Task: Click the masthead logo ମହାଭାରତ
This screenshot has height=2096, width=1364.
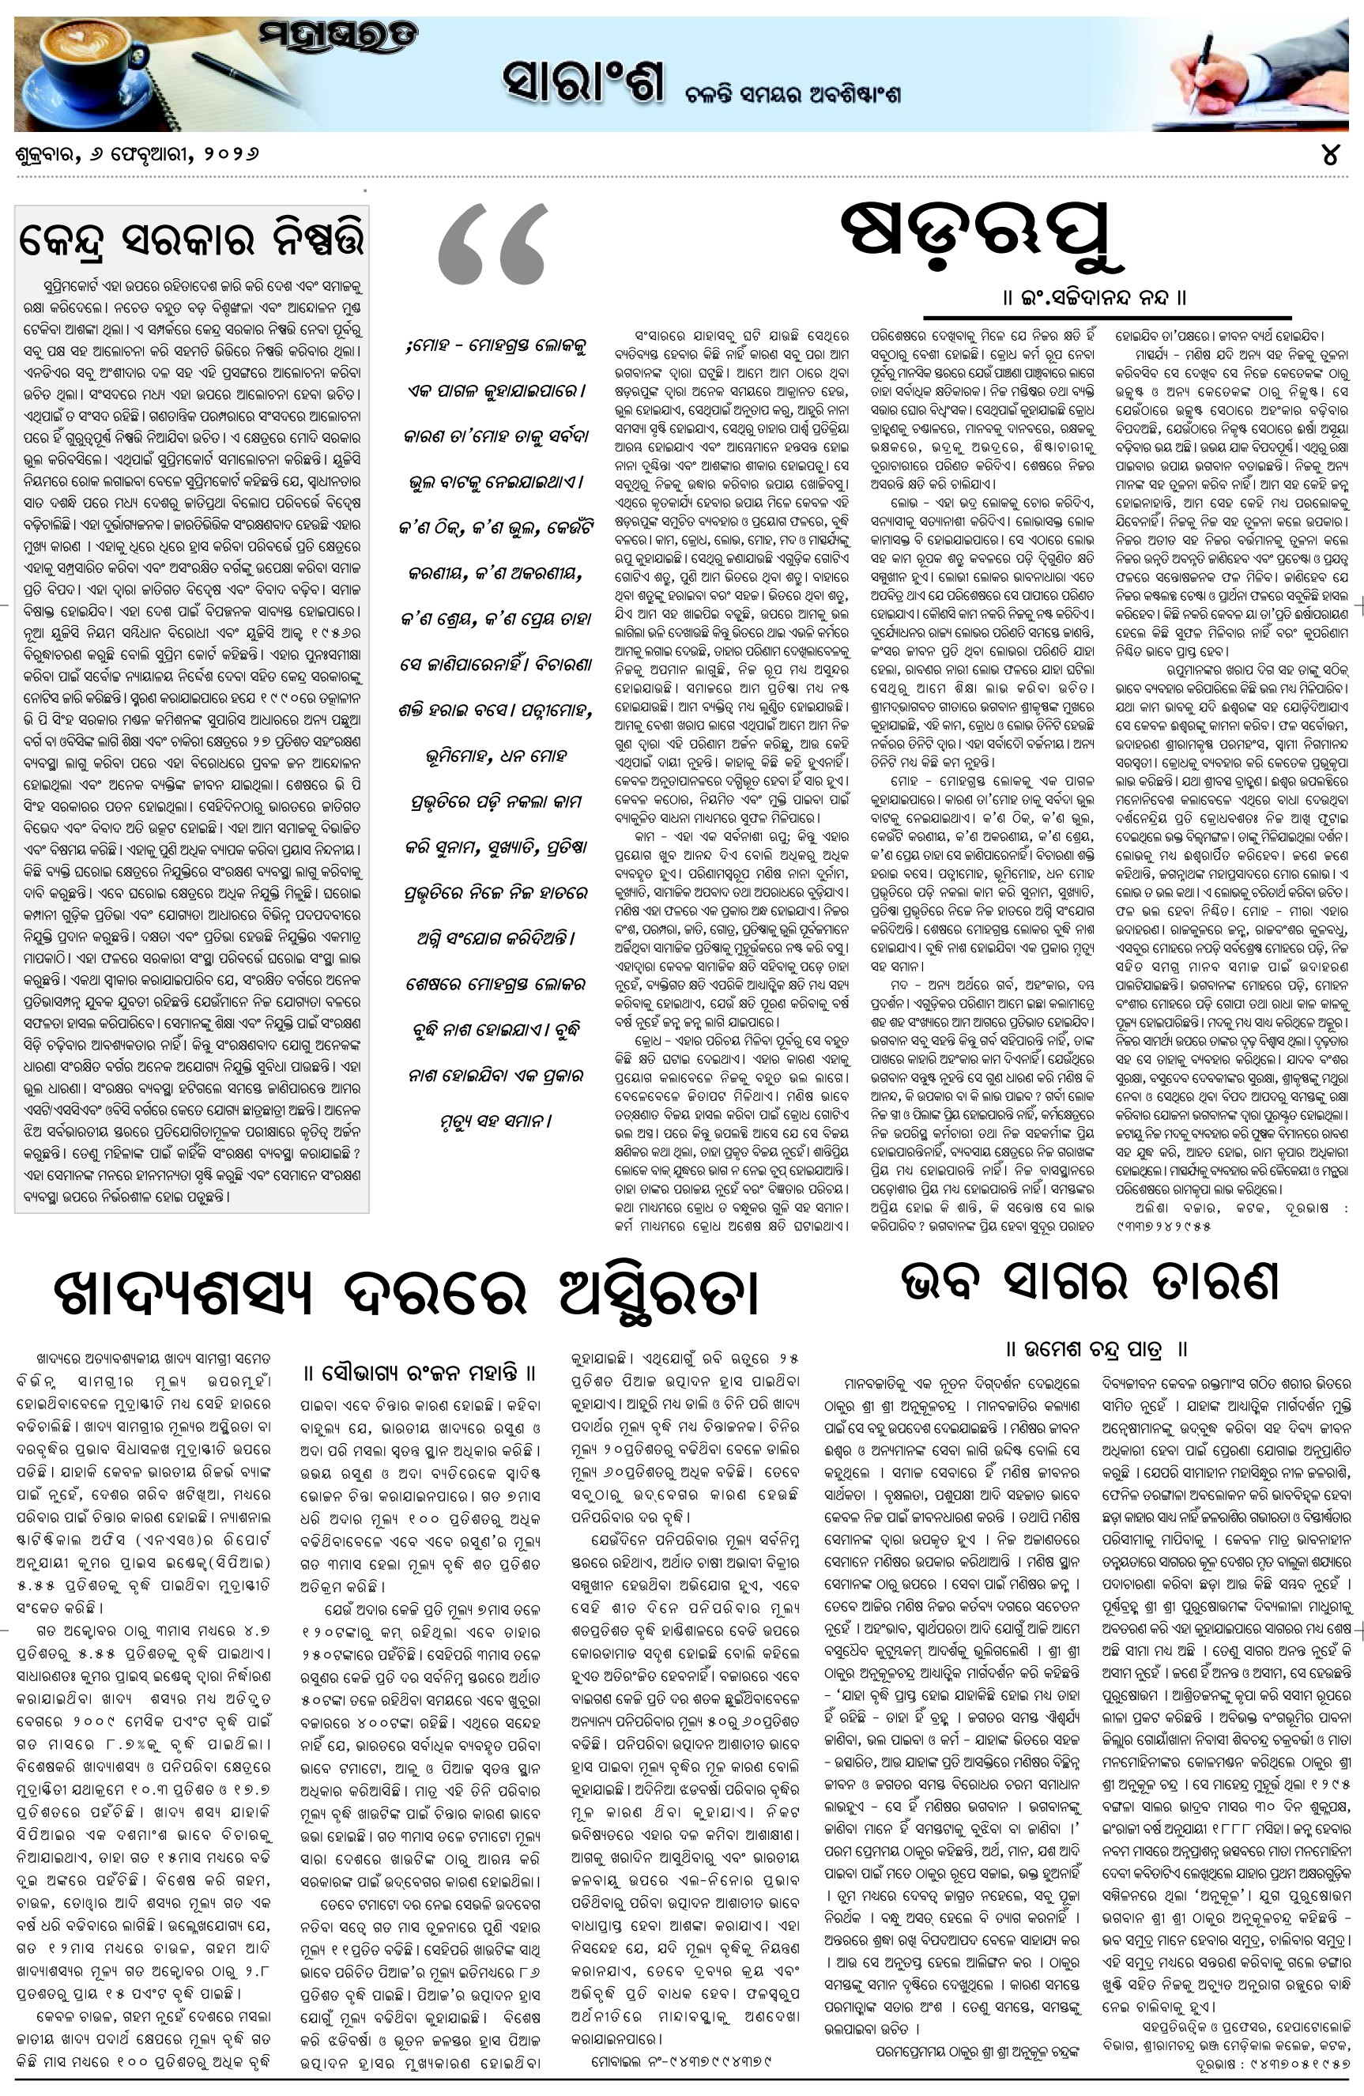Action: [x=338, y=38]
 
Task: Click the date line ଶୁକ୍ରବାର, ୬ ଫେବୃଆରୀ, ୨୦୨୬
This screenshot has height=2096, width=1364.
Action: [x=138, y=154]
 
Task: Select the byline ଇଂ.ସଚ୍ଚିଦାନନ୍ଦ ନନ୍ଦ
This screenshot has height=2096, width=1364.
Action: [x=1095, y=298]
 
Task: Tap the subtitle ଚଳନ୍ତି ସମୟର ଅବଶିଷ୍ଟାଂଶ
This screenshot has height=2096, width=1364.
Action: [x=793, y=94]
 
